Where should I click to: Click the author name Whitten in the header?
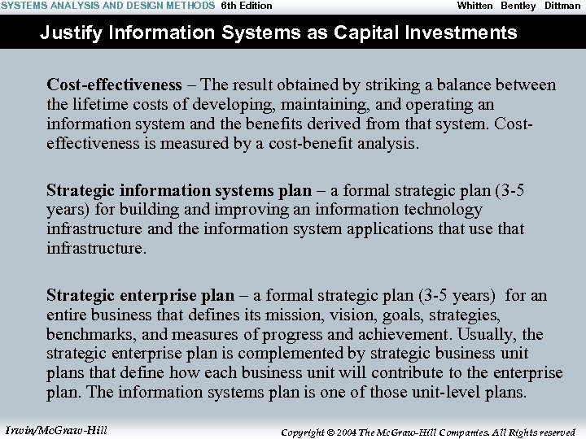click(x=474, y=6)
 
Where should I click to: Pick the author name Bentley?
click(x=518, y=6)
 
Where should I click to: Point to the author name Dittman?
click(x=562, y=6)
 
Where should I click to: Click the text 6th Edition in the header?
click(x=247, y=6)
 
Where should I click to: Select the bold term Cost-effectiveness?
click(x=114, y=85)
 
